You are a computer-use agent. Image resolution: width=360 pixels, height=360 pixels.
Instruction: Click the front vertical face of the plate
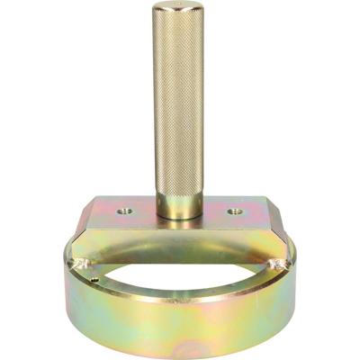180,236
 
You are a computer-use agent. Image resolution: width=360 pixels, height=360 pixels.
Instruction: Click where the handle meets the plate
180,217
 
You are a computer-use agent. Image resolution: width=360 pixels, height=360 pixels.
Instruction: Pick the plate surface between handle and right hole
216,212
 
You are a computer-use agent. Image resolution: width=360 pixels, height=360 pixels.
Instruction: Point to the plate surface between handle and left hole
145,212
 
